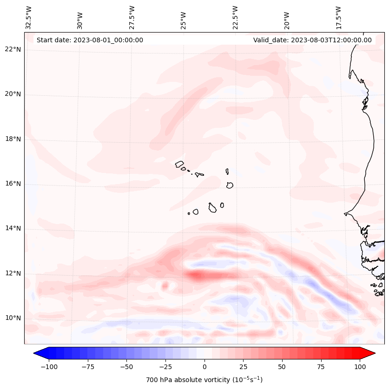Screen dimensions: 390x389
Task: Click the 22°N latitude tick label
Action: click(x=13, y=50)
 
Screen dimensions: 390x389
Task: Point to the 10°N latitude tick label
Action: click(x=13, y=318)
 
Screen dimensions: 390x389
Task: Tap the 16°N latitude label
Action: click(x=13, y=184)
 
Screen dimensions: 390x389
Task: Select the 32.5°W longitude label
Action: click(x=29, y=18)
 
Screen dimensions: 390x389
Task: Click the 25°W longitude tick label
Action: click(x=184, y=18)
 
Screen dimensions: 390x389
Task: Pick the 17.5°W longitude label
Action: click(x=339, y=18)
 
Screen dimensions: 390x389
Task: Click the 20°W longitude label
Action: click(x=287, y=18)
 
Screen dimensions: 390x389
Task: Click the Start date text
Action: click(x=90, y=40)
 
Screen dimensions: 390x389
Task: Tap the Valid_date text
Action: click(x=312, y=40)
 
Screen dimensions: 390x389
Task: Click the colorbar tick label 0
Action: click(x=204, y=367)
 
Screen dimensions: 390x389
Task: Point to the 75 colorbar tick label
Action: click(x=321, y=367)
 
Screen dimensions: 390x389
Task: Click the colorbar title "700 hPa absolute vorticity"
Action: click(x=204, y=380)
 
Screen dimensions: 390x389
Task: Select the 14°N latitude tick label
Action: click(x=13, y=229)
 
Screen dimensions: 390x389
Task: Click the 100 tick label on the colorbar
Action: click(x=360, y=367)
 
